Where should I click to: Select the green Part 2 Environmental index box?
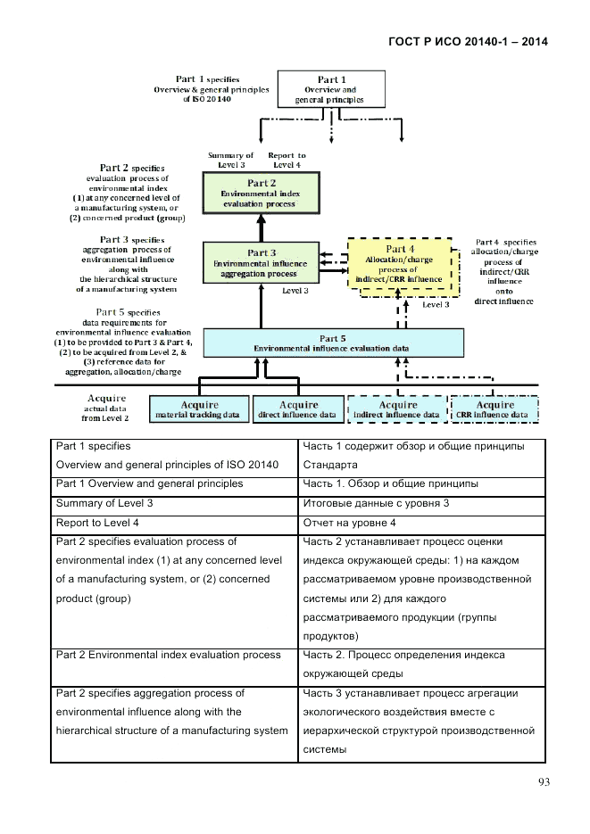point(260,192)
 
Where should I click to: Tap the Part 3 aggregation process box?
point(260,263)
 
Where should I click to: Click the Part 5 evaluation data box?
point(333,343)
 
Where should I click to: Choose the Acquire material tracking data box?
point(199,409)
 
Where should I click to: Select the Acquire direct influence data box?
point(296,409)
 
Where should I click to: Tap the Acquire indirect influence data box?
point(395,409)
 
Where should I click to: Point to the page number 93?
point(543,782)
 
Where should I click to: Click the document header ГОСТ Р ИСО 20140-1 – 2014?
point(468,42)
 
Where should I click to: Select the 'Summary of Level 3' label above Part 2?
point(231,160)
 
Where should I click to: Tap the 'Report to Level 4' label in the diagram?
point(288,160)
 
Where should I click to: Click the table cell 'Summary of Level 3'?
point(174,503)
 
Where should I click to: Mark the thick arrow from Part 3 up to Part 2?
point(260,227)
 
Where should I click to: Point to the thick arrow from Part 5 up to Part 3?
point(260,308)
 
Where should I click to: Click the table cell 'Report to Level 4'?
point(174,522)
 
